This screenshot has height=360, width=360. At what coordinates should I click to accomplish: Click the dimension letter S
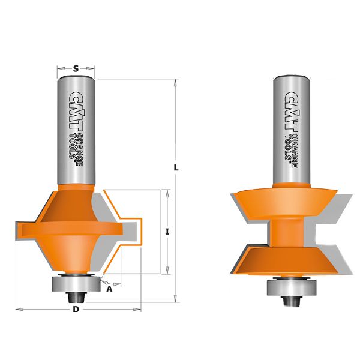[76, 69]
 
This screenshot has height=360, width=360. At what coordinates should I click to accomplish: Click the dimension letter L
[176, 169]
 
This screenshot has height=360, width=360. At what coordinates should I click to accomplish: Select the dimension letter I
[168, 231]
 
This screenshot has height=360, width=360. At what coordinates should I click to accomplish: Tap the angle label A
[109, 289]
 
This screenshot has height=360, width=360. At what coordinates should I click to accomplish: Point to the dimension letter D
[76, 310]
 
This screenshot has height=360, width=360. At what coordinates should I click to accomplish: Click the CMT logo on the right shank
[292, 111]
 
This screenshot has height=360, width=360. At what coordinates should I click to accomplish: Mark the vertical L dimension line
[176, 240]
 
